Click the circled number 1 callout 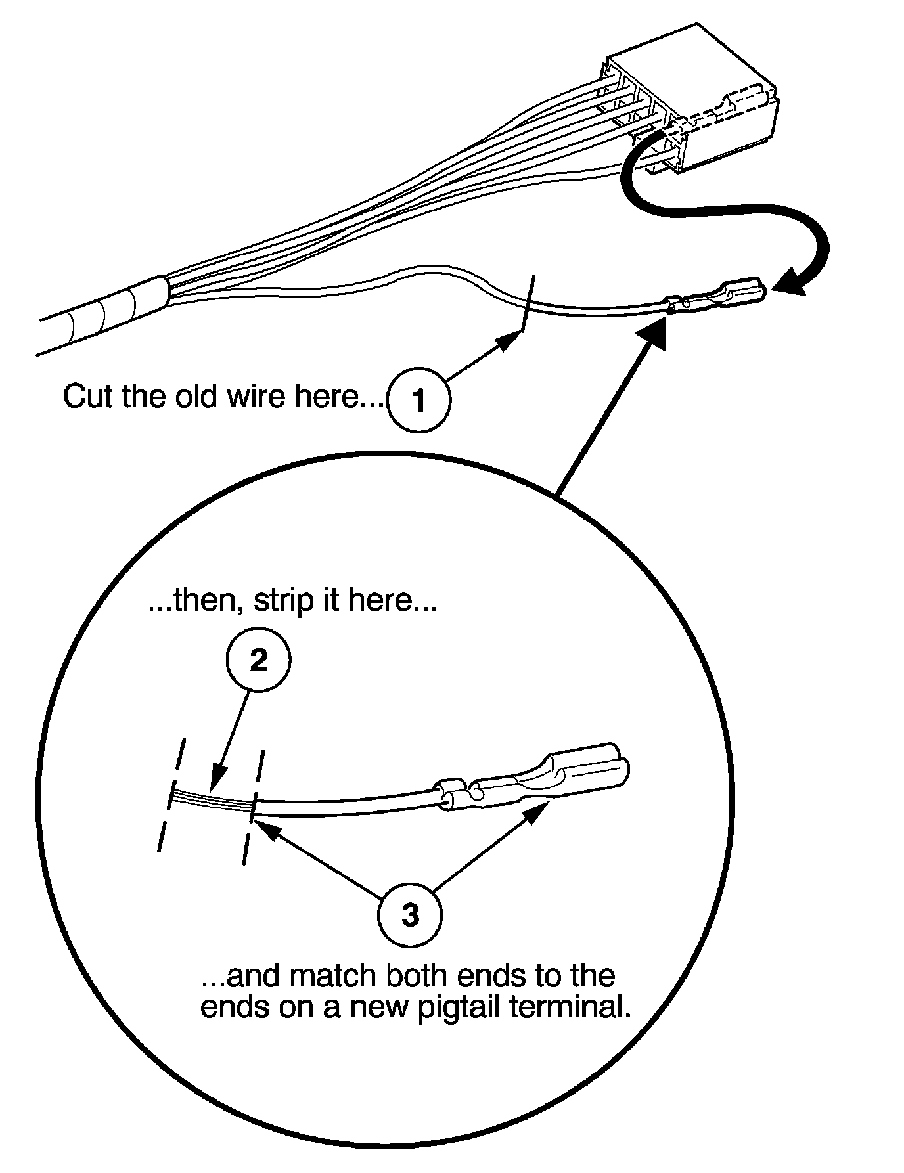(x=418, y=399)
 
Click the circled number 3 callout (x=410, y=914)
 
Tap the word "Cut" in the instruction (x=89, y=396)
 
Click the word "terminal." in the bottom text (x=570, y=1007)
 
